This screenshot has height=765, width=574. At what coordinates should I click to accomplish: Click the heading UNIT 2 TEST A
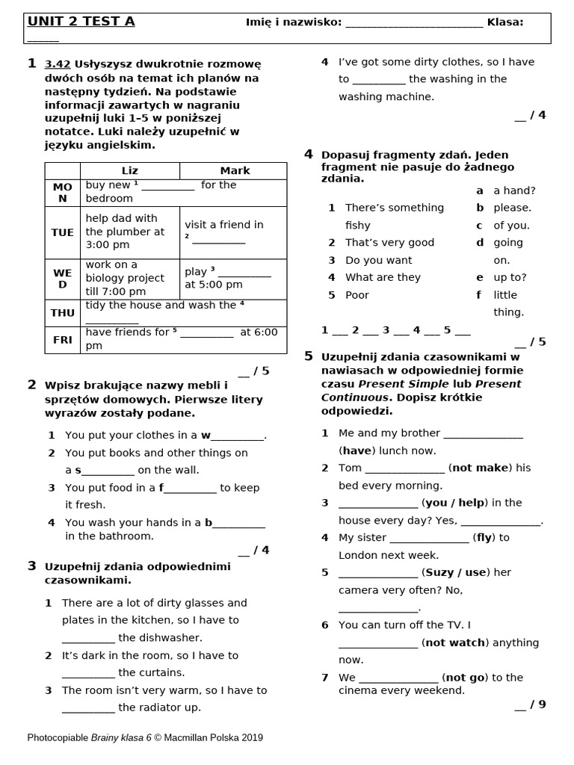tap(81, 22)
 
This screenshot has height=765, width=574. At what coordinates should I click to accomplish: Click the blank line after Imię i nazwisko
tap(414, 23)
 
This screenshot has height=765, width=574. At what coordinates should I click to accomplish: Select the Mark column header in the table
tap(234, 171)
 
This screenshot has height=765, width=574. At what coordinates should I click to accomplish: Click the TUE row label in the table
tap(62, 232)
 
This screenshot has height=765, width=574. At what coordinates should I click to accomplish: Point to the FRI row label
tap(62, 339)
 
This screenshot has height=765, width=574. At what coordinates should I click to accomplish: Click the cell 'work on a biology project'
tap(124, 278)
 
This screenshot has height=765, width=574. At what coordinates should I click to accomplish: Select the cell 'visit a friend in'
tap(224, 224)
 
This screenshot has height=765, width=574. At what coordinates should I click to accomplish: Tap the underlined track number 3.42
tap(58, 64)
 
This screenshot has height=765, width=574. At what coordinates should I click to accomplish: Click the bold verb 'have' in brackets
tap(356, 450)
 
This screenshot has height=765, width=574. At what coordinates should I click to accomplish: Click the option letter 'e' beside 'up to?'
tap(480, 277)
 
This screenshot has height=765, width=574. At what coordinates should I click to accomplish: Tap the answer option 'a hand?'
tap(514, 191)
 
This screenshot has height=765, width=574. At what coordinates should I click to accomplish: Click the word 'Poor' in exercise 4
tap(357, 295)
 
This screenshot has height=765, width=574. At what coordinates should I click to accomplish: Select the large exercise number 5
tap(308, 356)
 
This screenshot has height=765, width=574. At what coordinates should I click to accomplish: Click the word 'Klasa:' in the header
tap(505, 22)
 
